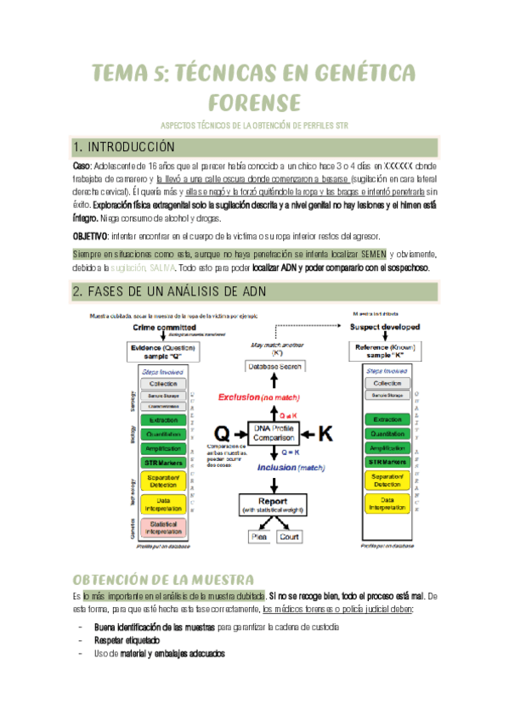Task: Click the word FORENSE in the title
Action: (x=254, y=103)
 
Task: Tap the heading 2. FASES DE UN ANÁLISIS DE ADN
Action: (x=182, y=293)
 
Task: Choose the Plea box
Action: (x=257, y=537)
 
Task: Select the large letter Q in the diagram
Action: (x=223, y=433)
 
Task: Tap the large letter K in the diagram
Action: (x=326, y=433)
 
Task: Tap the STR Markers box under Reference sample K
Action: (x=387, y=462)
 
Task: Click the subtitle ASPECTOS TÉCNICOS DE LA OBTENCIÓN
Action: (x=254, y=126)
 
